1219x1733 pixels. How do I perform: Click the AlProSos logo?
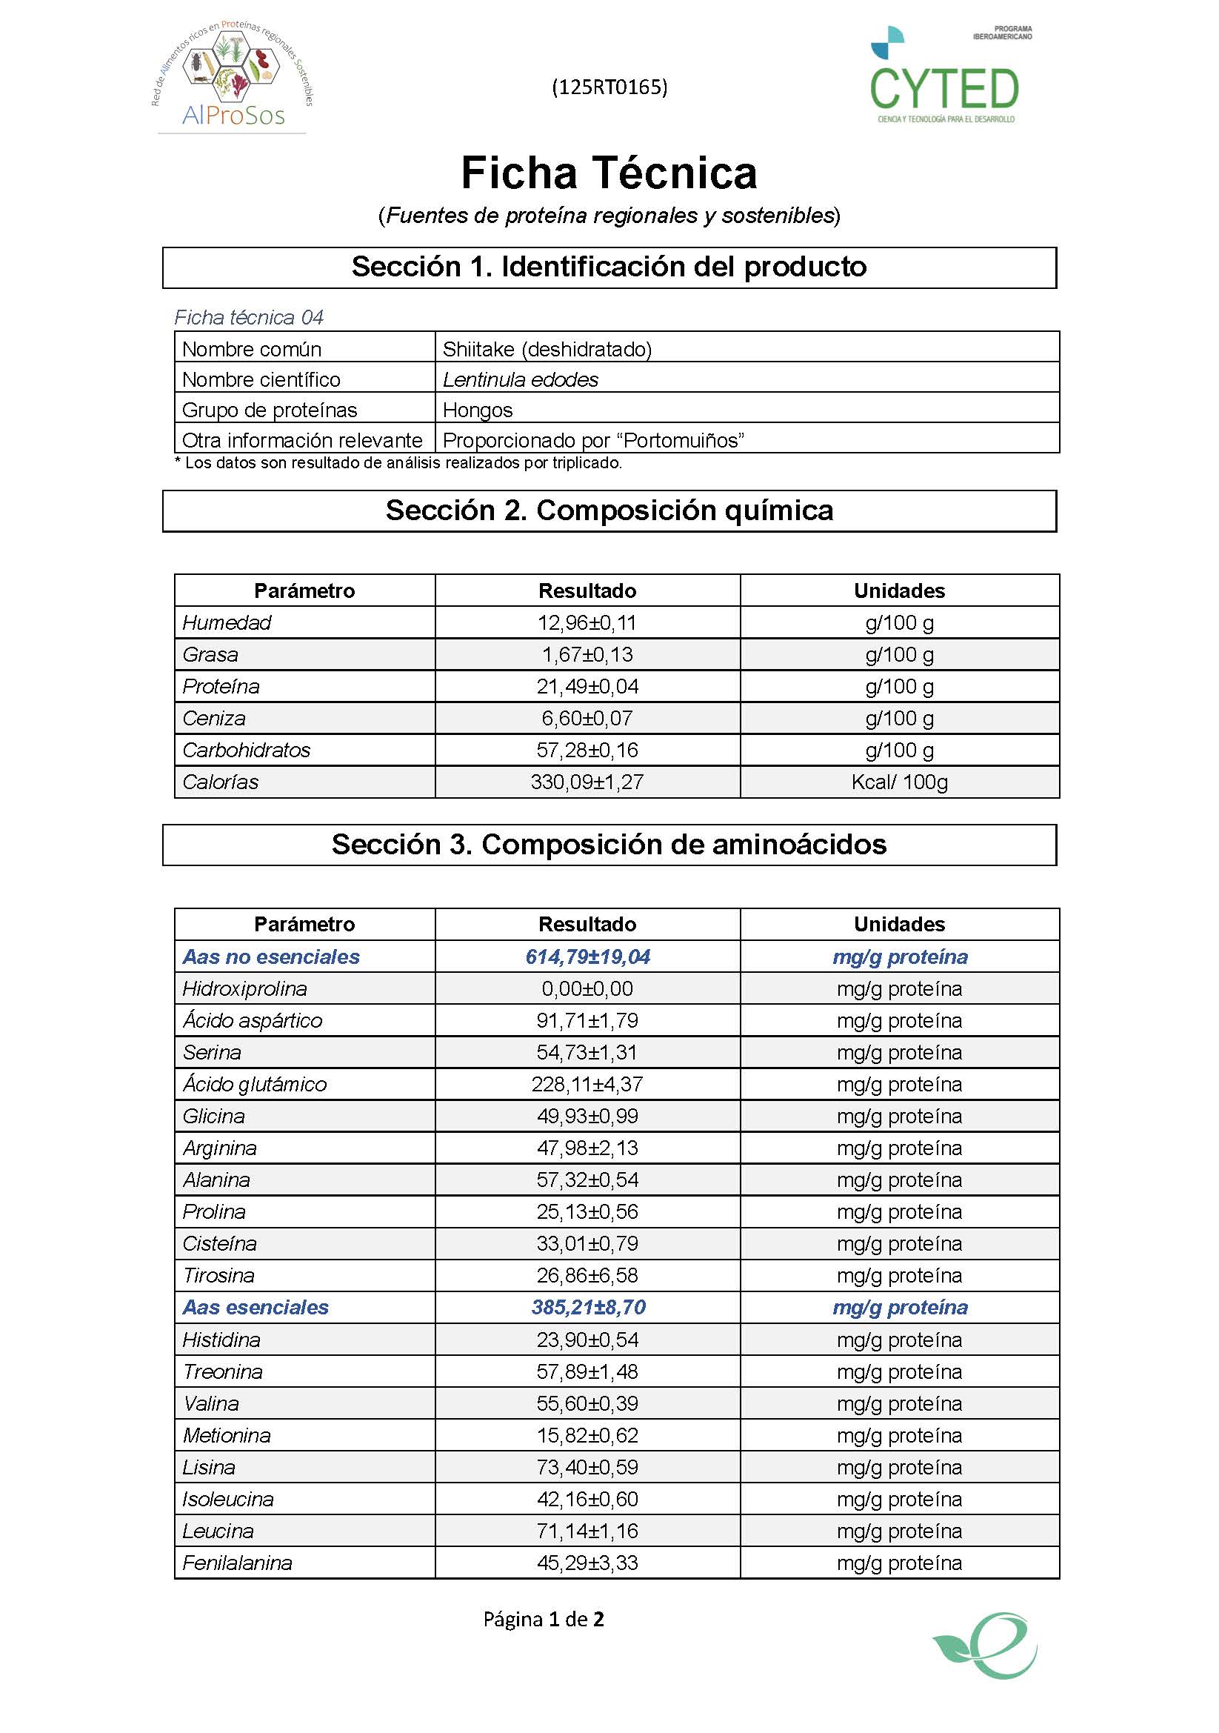233,76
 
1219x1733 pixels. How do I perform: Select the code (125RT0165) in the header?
609,87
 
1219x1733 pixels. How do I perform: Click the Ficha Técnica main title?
609,173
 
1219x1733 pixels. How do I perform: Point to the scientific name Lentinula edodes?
521,379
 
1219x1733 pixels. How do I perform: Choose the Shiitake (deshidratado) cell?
547,349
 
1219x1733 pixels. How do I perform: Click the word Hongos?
478,410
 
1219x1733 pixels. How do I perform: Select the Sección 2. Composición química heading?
609,511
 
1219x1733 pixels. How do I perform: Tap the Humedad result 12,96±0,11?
587,622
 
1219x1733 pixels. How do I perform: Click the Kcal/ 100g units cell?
899,782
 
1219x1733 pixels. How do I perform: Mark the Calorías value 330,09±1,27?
587,782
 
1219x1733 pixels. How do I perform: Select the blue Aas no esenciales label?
271,957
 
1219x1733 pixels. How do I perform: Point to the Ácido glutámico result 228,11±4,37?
587,1085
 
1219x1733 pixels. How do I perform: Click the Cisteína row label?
219,1244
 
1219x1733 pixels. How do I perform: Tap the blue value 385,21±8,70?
588,1307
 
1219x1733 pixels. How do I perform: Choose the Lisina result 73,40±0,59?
587,1467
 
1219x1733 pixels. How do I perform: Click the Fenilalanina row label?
237,1563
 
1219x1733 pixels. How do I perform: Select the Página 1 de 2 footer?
543,1619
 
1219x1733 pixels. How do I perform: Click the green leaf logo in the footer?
986,1646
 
